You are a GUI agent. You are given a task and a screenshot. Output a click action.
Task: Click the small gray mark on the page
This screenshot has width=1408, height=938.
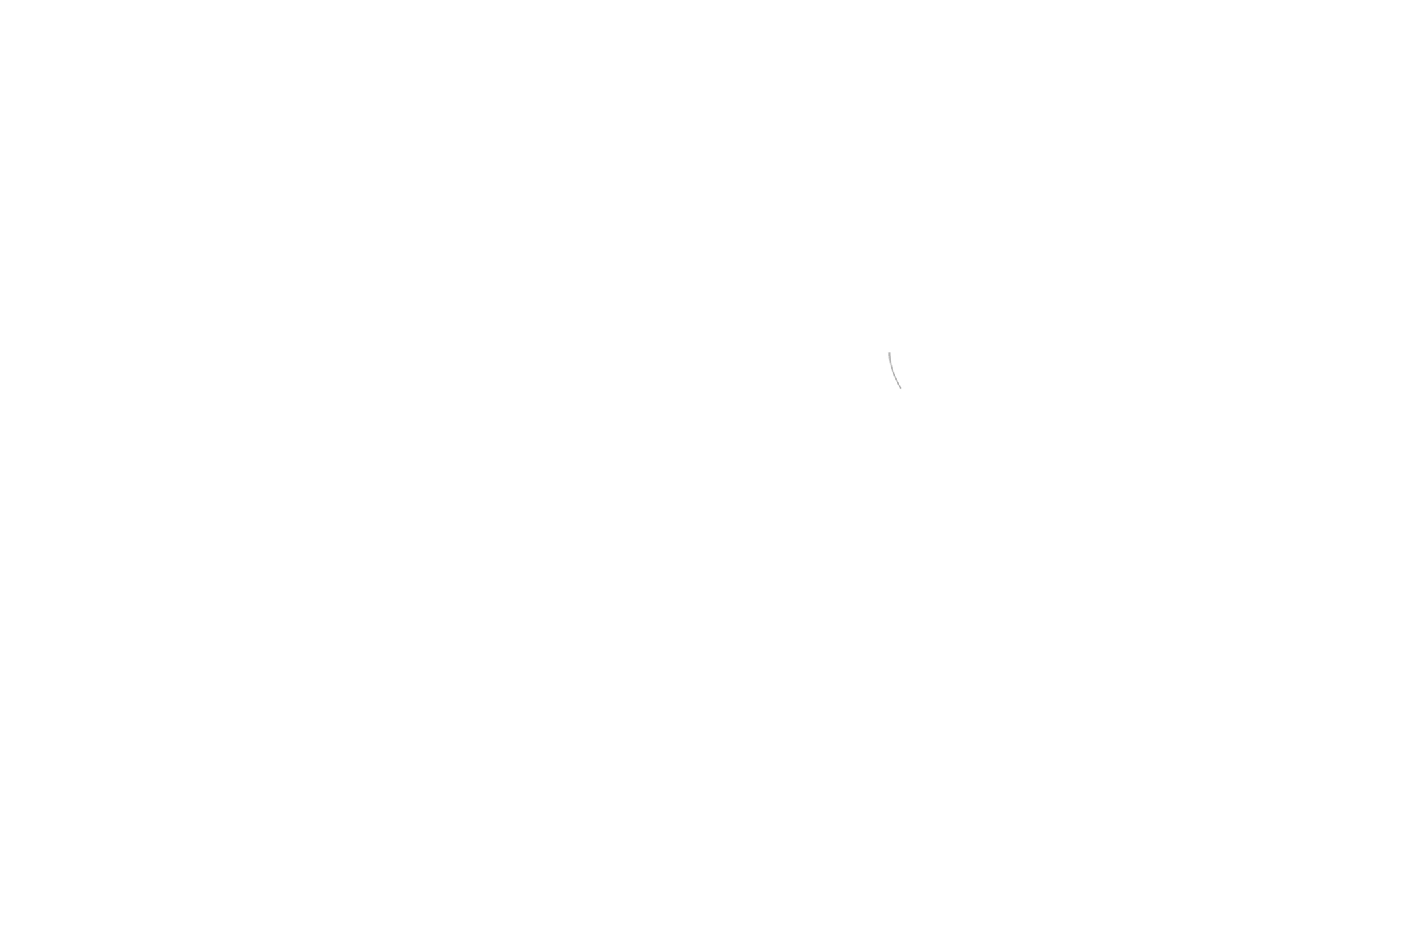(x=893, y=373)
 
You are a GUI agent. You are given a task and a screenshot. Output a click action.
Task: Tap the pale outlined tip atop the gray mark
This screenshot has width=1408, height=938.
(x=890, y=355)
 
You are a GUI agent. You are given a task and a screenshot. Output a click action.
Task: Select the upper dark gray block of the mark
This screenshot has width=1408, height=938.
(x=890, y=369)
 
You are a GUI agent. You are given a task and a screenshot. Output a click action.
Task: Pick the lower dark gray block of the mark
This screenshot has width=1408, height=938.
(x=895, y=380)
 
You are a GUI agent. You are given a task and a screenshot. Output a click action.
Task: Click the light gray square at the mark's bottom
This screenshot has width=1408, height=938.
(x=901, y=387)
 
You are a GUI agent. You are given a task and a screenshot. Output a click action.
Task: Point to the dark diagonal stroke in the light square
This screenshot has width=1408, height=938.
(x=901, y=386)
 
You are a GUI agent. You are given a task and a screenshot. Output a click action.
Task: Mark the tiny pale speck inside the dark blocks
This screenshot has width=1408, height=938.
(x=894, y=371)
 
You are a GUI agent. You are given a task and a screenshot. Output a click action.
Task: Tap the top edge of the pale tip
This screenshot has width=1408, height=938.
(x=890, y=351)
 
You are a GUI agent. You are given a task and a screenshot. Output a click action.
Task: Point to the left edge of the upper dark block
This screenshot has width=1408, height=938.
(x=888, y=369)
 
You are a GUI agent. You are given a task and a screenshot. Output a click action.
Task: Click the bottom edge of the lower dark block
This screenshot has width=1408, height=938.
(x=895, y=388)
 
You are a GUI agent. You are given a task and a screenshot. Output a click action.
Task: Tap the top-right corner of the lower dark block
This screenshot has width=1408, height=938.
(x=897, y=367)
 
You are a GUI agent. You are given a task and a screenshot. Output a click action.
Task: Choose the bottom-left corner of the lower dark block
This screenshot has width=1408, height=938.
(x=893, y=388)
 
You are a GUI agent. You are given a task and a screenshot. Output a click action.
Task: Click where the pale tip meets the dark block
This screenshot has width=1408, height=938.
(x=890, y=361)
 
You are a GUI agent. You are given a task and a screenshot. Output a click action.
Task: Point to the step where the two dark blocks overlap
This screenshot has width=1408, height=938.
(x=893, y=367)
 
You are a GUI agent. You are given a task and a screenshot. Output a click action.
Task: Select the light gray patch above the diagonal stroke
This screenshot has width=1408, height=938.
(x=901, y=380)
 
